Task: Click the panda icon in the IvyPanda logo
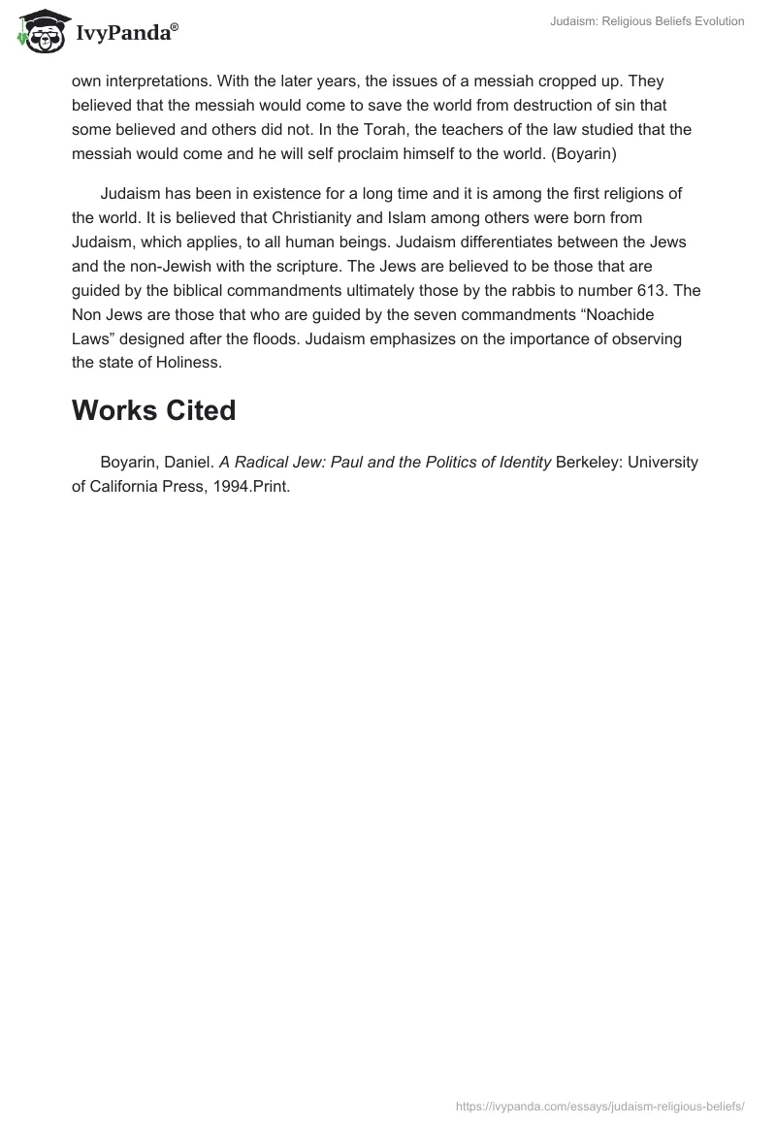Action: [36, 30]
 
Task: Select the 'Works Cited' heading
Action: [153, 410]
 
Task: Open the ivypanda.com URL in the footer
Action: [599, 1106]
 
